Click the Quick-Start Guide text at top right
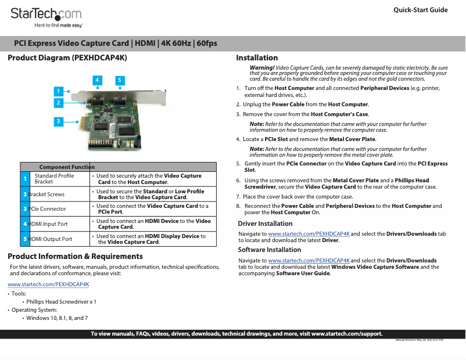(420, 10)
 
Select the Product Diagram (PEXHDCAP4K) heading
(67, 58)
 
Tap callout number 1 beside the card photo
(58, 91)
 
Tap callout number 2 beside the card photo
(58, 103)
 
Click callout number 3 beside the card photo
(58, 121)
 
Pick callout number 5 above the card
(119, 80)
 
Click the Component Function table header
(66, 167)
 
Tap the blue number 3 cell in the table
(25, 208)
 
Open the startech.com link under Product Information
(48, 285)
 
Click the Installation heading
(257, 58)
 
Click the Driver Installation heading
(265, 224)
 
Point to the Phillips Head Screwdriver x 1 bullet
(61, 302)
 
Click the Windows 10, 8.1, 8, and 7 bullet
(57, 318)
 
